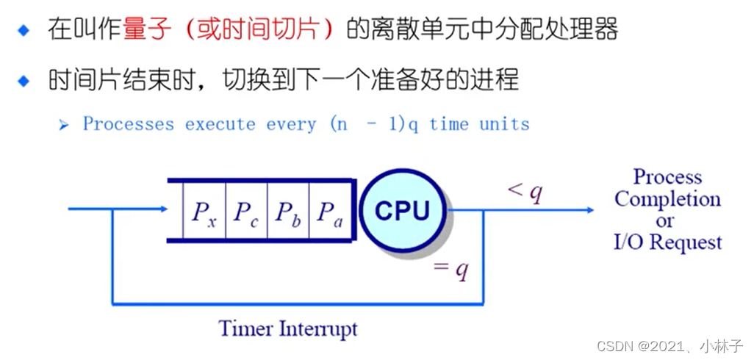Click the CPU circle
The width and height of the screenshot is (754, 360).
pyautogui.click(x=403, y=210)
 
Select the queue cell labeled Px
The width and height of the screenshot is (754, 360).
pyautogui.click(x=204, y=212)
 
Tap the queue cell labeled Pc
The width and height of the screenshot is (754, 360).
pyautogui.click(x=246, y=212)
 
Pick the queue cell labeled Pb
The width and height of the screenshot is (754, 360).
pyautogui.click(x=287, y=212)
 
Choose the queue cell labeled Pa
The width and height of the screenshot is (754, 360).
pyautogui.click(x=329, y=212)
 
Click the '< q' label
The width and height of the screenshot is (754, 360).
pyautogui.click(x=525, y=192)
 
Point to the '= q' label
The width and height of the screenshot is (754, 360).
pyautogui.click(x=451, y=270)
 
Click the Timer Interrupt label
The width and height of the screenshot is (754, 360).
pyautogui.click(x=288, y=328)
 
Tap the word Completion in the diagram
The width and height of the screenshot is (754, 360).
pyautogui.click(x=667, y=198)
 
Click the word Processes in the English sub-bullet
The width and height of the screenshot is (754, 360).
pyautogui.click(x=129, y=123)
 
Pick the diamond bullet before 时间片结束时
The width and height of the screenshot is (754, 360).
pyautogui.click(x=24, y=79)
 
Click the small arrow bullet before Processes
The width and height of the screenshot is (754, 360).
pyautogui.click(x=64, y=124)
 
